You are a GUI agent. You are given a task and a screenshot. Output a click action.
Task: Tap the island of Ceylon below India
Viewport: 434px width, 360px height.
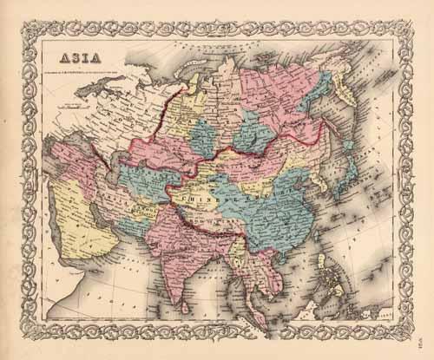coord(193,304)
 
